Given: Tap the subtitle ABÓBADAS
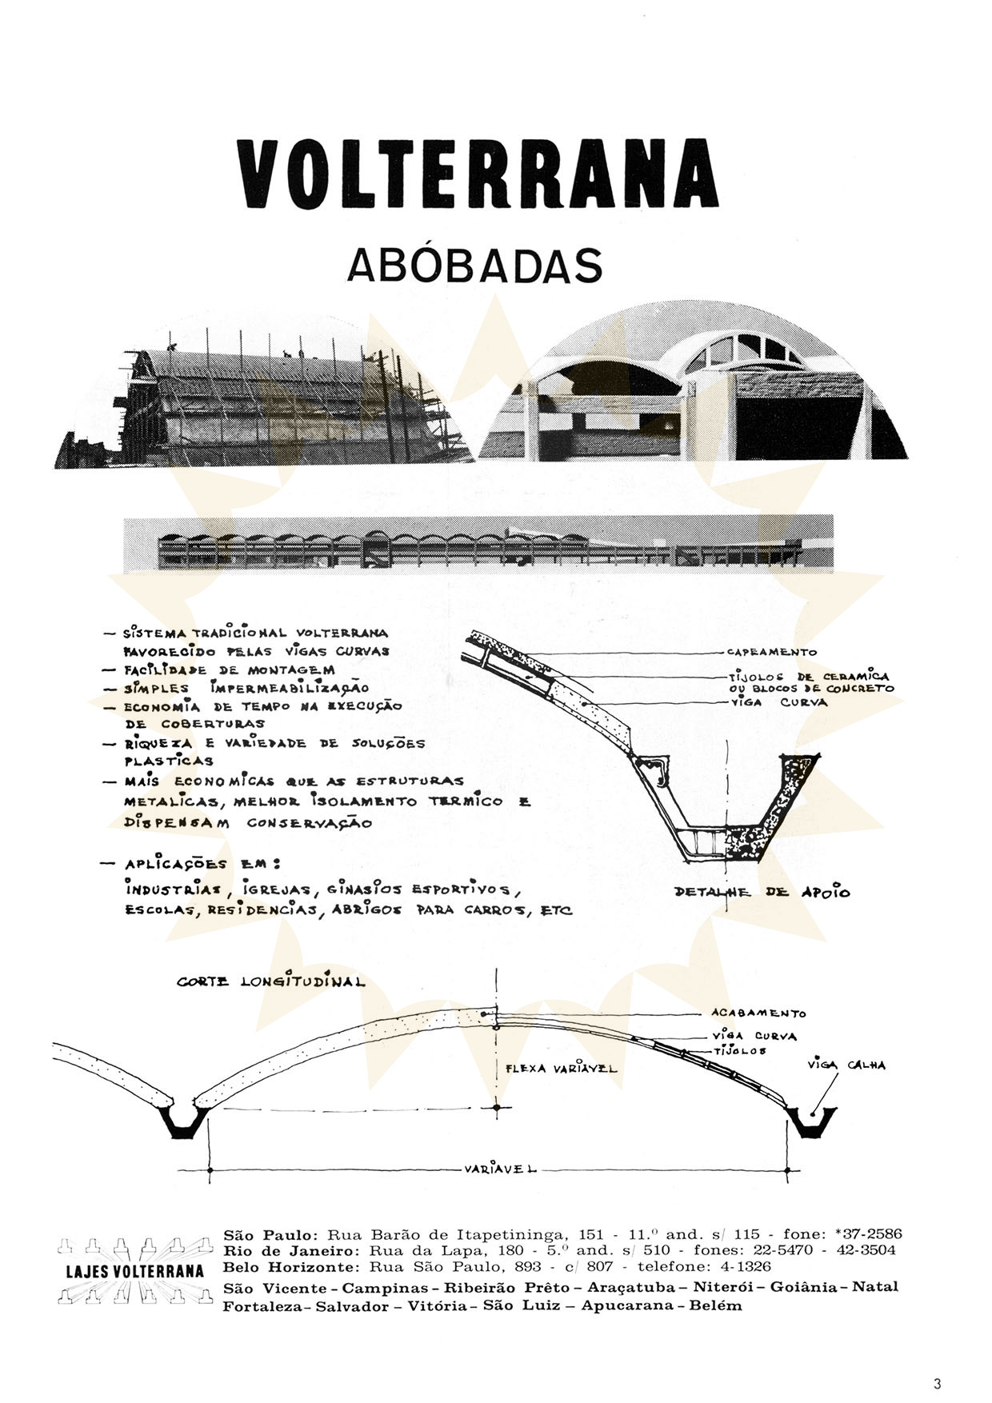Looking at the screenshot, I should pos(474,266).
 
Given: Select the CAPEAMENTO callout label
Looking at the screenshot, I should pos(772,652).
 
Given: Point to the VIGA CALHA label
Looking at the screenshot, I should pos(846,1065).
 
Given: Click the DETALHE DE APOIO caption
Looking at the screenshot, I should pos(762,892).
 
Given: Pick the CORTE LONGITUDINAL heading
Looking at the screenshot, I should pos(270,981).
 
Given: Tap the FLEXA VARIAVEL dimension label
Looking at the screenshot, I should pos(562,1068).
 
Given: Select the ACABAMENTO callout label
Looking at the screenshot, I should pos(758,1013).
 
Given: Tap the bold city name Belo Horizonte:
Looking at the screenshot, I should pos(292,1267).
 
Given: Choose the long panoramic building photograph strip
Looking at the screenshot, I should pos(478,544).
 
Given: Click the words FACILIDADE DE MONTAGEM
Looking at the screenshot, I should pos(229,670).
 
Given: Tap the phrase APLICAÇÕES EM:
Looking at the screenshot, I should pos(202,865).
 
